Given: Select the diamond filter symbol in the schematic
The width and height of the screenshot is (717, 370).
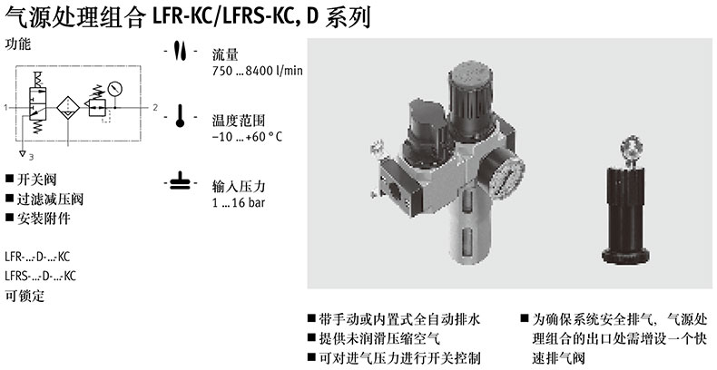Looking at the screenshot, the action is (68, 108).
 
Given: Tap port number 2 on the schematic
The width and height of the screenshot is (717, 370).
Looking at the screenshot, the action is (155, 107).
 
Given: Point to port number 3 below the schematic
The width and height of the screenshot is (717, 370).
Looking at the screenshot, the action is (31, 157).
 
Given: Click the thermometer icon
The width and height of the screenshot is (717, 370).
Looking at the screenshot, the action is (180, 116).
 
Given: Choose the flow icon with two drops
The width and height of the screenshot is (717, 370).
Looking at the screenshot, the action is (181, 51).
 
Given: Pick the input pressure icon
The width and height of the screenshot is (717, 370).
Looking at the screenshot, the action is (181, 182).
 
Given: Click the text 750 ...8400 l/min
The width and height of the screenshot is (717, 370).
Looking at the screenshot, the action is (257, 72).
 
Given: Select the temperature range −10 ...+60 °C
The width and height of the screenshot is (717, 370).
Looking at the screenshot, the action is (247, 137).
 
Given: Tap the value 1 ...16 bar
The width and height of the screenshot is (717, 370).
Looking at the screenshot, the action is (238, 202).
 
